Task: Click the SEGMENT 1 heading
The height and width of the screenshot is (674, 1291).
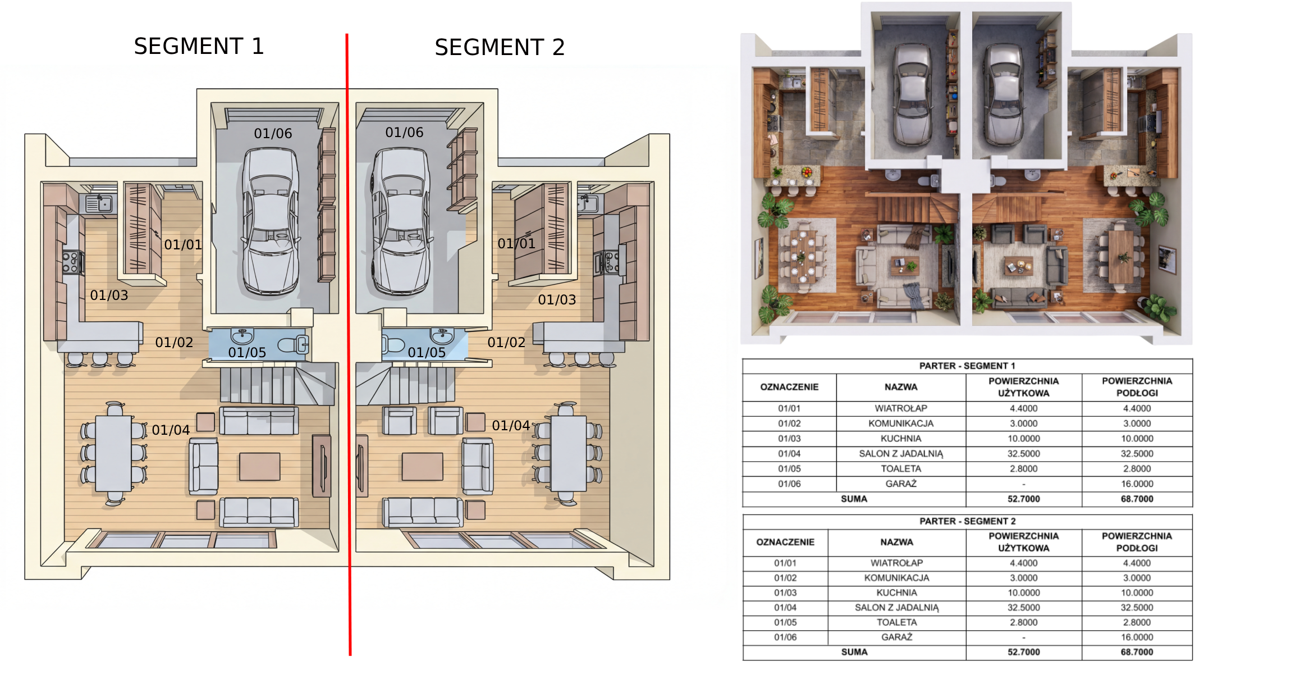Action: [199, 46]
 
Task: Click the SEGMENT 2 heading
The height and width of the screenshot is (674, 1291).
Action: [500, 47]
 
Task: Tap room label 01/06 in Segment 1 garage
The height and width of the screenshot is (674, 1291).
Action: [273, 133]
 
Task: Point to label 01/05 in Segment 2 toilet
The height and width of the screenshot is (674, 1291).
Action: [427, 352]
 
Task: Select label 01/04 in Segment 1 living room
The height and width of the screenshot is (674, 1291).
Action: [171, 430]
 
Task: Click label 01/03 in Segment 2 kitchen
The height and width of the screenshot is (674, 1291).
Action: [557, 299]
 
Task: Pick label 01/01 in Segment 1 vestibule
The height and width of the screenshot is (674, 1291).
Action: [183, 244]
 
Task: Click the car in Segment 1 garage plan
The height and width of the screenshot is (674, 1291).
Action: [271, 221]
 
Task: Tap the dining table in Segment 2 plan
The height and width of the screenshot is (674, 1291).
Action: [568, 453]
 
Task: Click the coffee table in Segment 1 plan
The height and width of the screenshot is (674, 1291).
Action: [260, 467]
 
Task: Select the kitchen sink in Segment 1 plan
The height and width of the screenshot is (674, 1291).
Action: [99, 203]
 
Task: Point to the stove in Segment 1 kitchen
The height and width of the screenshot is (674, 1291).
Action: [71, 263]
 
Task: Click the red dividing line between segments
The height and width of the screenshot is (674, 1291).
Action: [349, 344]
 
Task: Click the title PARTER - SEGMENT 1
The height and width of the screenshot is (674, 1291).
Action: [967, 366]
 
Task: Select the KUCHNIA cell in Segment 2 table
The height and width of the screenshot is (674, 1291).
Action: [896, 593]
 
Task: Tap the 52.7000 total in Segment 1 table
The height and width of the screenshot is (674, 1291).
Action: [1023, 499]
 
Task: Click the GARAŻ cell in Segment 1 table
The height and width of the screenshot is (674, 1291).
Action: [901, 484]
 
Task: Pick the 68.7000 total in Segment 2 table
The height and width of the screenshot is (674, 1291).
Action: [1137, 652]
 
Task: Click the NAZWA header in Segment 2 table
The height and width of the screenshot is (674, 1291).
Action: [896, 542]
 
